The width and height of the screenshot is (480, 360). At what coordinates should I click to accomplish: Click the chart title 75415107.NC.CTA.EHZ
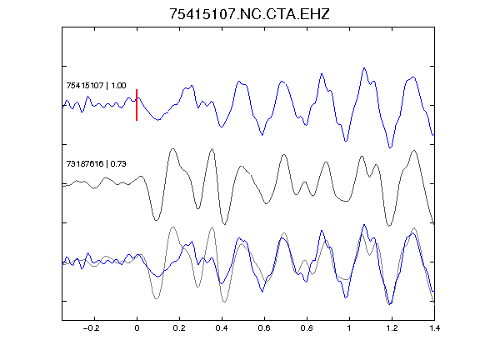[249, 14]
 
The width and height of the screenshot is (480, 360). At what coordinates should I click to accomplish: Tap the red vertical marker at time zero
[137, 105]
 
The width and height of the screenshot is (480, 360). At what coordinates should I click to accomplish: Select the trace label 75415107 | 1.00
[96, 85]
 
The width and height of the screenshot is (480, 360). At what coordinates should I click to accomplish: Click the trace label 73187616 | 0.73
[96, 164]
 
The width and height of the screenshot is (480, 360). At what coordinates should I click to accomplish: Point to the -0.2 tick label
[92, 328]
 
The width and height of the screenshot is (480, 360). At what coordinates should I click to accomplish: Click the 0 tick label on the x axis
[137, 328]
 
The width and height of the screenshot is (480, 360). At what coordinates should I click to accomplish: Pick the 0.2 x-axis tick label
[179, 328]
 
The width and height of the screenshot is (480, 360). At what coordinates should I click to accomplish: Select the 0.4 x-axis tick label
[222, 328]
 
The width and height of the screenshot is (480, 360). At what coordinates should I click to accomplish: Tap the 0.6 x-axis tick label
[264, 328]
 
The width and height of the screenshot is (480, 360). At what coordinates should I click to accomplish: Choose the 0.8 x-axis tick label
[307, 328]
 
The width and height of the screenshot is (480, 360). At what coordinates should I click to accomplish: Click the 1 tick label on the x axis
[349, 328]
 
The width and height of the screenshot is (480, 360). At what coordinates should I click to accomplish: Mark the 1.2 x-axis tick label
[392, 328]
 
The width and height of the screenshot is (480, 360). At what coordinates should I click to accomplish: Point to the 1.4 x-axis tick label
[434, 328]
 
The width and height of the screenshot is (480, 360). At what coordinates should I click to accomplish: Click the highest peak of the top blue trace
[364, 68]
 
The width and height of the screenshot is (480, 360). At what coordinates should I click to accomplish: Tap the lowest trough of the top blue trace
[390, 147]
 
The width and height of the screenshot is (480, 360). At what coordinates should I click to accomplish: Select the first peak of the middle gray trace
[173, 149]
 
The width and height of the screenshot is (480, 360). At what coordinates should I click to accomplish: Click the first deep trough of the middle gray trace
[156, 220]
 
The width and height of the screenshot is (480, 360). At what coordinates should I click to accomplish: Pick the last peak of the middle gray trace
[414, 150]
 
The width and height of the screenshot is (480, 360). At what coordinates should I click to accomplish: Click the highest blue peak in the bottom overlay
[364, 225]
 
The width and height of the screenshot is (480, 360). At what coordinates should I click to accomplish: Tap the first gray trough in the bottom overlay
[156, 298]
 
